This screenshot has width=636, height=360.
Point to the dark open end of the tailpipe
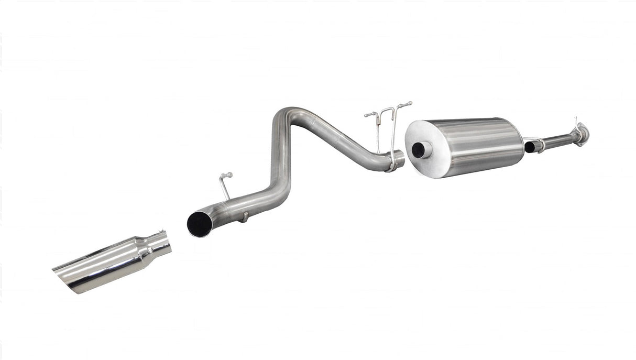[x=199, y=224]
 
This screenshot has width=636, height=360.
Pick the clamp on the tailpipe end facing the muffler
[x=391, y=162]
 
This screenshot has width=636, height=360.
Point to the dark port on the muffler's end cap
[x=419, y=150]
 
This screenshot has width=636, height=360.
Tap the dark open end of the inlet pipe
[x=530, y=147]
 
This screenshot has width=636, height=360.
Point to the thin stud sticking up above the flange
[x=575, y=121]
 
